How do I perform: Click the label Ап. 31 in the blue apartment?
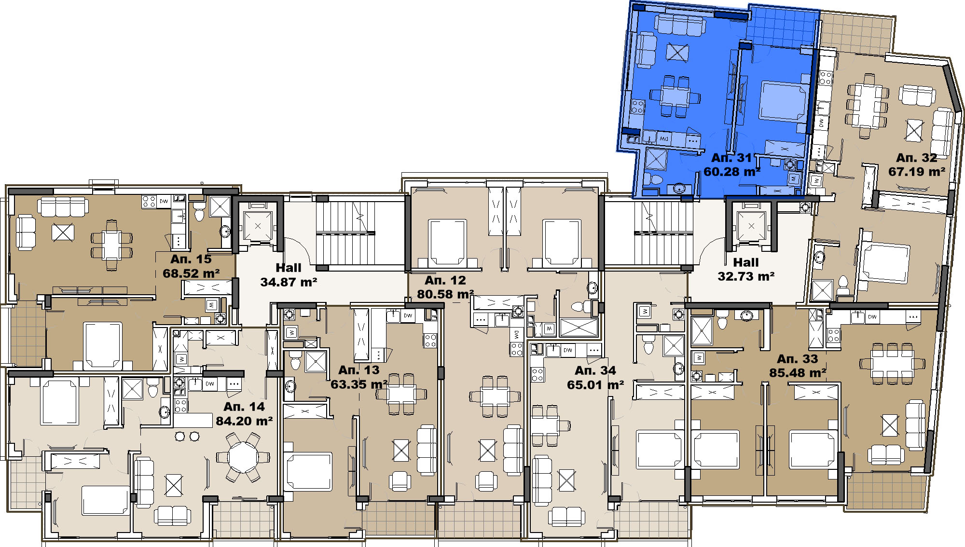click(731, 158)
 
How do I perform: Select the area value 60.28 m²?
click(731, 172)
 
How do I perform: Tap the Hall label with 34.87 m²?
click(289, 268)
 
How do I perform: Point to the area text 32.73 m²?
click(746, 276)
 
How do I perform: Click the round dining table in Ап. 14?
click(244, 456)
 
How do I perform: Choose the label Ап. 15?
click(191, 259)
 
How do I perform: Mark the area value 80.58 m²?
click(445, 294)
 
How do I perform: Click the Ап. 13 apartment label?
click(359, 370)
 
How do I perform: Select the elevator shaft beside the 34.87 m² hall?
click(258, 226)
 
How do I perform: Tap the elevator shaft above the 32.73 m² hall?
click(751, 226)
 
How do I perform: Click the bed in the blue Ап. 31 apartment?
click(784, 101)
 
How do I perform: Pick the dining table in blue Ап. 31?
click(675, 96)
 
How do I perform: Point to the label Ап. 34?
click(595, 370)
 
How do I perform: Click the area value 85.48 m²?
click(798, 373)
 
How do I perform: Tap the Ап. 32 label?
click(917, 158)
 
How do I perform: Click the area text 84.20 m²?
click(244, 421)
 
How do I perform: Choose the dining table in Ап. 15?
click(111, 245)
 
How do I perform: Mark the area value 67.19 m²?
click(917, 172)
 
